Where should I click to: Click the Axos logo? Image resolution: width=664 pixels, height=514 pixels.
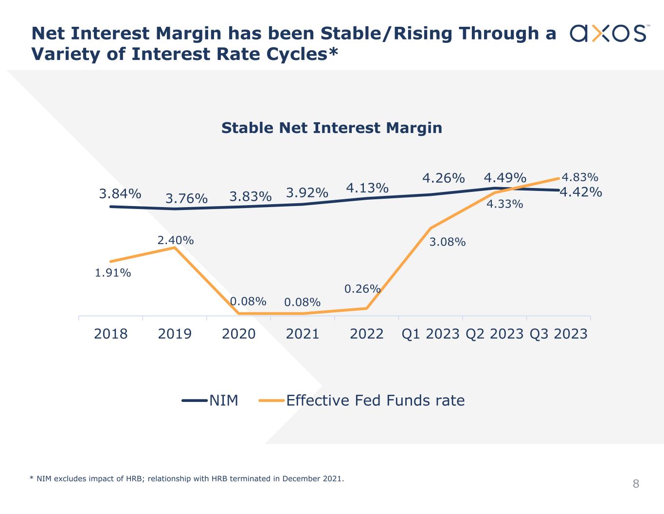coord(608,33)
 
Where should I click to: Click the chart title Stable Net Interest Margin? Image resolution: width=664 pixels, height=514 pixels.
coord(332,128)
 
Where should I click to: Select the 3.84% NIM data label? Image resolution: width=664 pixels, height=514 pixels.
coord(120,193)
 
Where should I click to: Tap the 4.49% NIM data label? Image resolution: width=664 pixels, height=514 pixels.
coord(505,178)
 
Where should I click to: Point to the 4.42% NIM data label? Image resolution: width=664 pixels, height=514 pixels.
coord(581,192)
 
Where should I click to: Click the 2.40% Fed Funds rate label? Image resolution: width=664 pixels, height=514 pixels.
coord(176,240)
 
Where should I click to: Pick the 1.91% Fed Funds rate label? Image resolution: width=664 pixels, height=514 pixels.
coord(113,273)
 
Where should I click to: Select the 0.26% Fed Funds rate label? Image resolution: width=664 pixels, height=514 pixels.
coord(362,289)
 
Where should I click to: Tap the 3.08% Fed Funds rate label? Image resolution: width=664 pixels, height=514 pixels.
coord(448,242)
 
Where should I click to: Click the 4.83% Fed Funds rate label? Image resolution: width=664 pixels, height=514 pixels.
coord(580,177)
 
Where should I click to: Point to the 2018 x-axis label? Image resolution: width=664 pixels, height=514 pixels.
coord(111,334)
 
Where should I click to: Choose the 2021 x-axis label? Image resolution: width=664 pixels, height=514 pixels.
coord(303,334)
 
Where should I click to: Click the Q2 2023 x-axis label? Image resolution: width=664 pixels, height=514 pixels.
coord(494,334)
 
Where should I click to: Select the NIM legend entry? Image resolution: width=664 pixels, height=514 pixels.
coord(211,400)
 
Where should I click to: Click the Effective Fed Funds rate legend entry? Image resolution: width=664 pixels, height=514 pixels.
coord(362,400)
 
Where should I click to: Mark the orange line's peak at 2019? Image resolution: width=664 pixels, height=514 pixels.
coord(175,248)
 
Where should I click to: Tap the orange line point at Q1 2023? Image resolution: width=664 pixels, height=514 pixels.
coord(431,228)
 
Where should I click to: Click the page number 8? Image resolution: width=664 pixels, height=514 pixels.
coord(636,484)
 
